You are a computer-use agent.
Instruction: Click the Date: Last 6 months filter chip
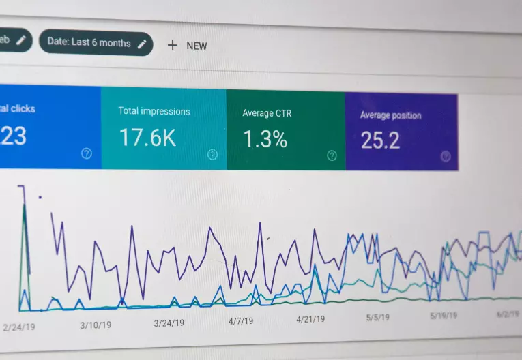click(96, 42)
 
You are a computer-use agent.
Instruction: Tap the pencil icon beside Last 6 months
click(142, 44)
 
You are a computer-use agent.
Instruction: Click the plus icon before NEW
click(173, 45)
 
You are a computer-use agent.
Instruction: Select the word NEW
click(197, 46)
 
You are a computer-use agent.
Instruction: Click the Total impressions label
click(154, 111)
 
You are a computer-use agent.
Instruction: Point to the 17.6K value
click(147, 138)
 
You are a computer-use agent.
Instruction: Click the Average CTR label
click(267, 113)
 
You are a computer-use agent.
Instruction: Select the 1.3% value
click(265, 139)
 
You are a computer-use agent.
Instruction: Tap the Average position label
click(390, 115)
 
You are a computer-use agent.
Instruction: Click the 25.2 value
click(380, 140)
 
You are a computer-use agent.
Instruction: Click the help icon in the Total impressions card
click(212, 154)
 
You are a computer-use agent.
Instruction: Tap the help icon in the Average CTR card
click(332, 155)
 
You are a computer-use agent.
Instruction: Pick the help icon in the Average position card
click(446, 156)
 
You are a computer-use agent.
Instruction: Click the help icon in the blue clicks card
click(87, 153)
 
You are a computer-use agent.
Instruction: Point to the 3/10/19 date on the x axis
click(96, 325)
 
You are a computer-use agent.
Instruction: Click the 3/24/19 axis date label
click(169, 323)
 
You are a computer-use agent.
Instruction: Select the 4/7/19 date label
click(241, 320)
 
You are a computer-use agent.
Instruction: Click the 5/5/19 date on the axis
click(377, 317)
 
